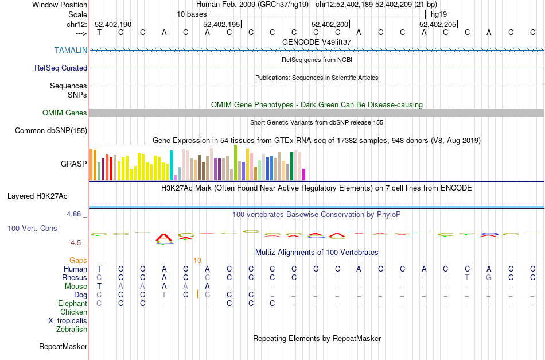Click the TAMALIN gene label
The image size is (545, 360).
[x=71, y=50]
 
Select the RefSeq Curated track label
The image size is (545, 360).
[x=61, y=68]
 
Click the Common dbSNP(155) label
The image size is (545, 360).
[x=51, y=131]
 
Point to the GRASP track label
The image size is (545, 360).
[x=74, y=164]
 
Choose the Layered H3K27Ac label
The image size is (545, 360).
[x=37, y=196]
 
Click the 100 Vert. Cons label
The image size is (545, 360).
[x=32, y=228]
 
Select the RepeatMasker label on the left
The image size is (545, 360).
[x=63, y=347]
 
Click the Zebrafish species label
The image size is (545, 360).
[x=72, y=330]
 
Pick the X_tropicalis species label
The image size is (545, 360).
[x=68, y=321]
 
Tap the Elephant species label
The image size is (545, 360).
[x=73, y=304]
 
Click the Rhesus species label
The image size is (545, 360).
[x=75, y=278]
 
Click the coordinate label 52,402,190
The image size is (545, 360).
[x=113, y=25]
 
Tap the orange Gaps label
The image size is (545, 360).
[x=78, y=261]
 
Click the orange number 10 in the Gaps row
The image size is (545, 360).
[x=197, y=261]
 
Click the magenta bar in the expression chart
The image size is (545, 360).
[x=304, y=174]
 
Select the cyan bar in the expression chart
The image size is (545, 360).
[x=172, y=165]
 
